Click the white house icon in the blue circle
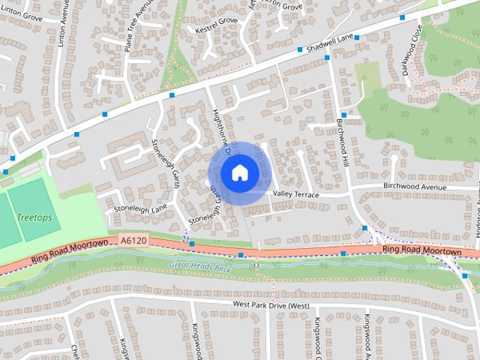point(238,172)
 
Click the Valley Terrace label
point(296,194)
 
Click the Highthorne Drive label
point(219,128)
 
